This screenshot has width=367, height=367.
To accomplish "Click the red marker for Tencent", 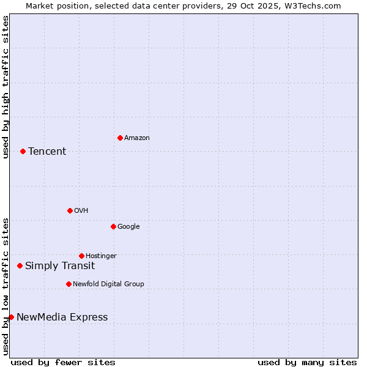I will point(23,151).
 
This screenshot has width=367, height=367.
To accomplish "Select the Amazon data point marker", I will point(120,138).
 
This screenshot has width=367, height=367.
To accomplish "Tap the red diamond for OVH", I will point(70,210).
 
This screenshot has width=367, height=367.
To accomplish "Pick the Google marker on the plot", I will point(113,226).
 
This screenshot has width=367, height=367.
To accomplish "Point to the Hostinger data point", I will point(81,256).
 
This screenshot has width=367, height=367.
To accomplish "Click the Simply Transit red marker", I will point(20,265).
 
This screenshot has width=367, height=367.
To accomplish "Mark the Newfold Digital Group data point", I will point(69,284).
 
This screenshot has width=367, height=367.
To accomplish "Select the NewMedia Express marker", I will point(11,317).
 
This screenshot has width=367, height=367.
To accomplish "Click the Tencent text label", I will point(47,152).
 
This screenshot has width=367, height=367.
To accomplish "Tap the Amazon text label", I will point(137,138).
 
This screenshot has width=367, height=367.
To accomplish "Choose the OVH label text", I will point(81,211).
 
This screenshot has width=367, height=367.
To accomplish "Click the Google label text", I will point(128,227).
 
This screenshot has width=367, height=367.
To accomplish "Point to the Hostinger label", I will point(101,256).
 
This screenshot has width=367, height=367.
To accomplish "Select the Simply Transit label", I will point(60,266).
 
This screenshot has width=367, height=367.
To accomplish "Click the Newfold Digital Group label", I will point(108,284).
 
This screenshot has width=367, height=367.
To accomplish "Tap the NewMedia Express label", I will point(62,317).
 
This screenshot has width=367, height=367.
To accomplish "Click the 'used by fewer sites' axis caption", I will point(63,362).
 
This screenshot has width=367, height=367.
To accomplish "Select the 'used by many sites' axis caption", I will point(307,362).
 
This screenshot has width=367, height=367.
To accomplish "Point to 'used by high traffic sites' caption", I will point(6,87).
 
